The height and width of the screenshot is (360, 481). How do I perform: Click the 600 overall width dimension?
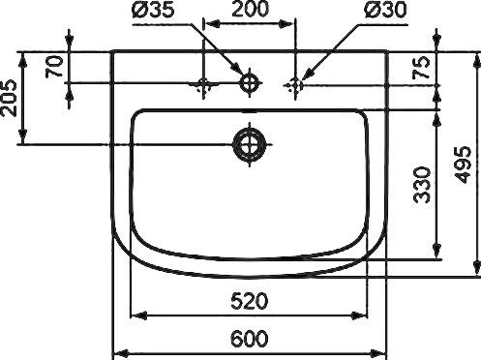pyautogui.click(x=250, y=340)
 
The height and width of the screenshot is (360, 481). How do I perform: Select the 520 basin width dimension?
pyautogui.click(x=250, y=301)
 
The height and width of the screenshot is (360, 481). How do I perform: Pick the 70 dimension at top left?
pyautogui.click(x=54, y=66)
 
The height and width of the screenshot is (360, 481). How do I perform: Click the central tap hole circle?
pyautogui.click(x=250, y=83)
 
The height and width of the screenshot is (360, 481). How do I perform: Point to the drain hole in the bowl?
pyautogui.click(x=250, y=145)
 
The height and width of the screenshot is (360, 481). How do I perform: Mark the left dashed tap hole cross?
pyautogui.click(x=204, y=84)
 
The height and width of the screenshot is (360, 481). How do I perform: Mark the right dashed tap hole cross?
pyautogui.click(x=295, y=84)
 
